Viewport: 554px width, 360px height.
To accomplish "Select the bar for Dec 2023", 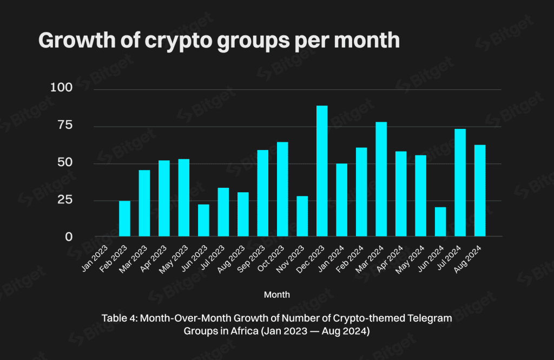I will [x=322, y=171].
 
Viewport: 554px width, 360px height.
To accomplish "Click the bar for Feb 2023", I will [x=124, y=219].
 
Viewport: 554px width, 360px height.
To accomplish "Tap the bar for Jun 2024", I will [x=440, y=222].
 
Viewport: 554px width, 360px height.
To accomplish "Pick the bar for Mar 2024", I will [x=381, y=179].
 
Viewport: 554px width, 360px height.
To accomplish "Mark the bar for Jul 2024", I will [x=460, y=182].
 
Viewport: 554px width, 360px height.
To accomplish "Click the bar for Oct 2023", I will [x=282, y=189].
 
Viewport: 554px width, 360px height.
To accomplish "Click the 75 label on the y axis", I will [x=64, y=126].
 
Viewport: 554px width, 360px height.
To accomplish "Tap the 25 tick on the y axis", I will [x=64, y=200].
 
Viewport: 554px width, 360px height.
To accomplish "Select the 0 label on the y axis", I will [x=69, y=237].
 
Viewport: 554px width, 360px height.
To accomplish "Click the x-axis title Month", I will [x=276, y=295].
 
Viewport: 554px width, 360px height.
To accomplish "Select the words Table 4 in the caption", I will [x=118, y=318].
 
